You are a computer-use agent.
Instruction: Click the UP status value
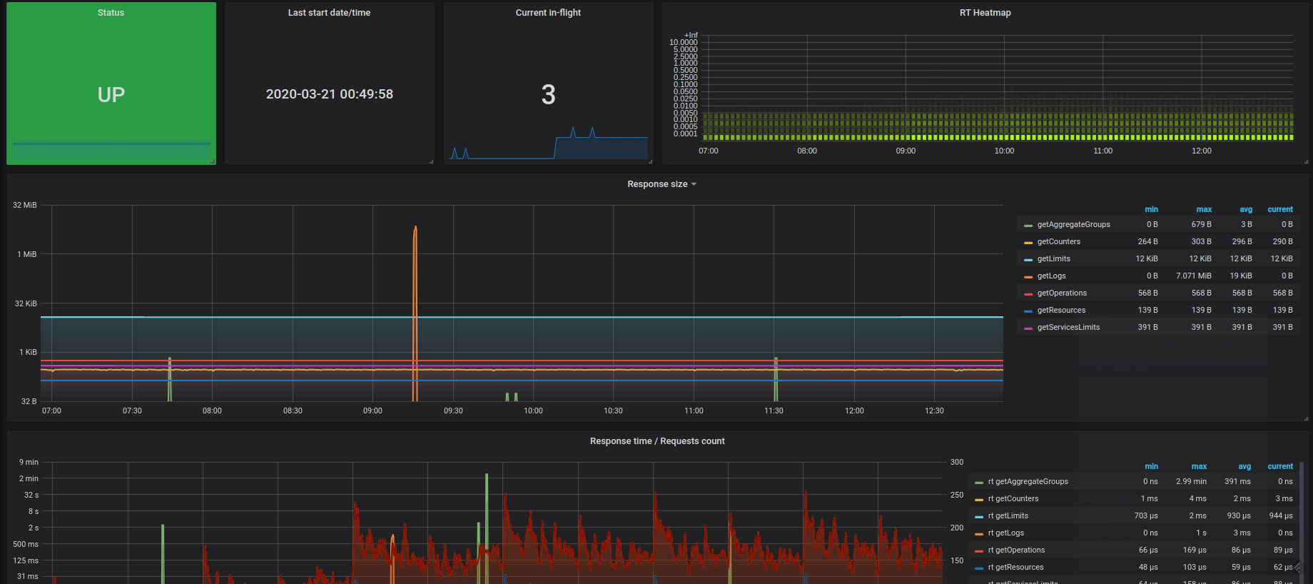111,95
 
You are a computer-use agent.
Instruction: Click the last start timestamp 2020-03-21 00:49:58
329,94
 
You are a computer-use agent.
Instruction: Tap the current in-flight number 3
548,95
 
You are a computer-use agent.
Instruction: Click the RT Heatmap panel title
985,13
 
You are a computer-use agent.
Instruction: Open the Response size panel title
658,184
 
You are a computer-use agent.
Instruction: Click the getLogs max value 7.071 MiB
1193,276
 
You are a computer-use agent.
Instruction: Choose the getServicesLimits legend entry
1068,328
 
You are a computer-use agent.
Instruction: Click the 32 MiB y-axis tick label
25,206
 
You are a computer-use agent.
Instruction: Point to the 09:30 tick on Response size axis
453,411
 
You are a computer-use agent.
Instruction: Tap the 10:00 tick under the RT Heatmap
1004,151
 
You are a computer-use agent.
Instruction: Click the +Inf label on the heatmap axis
691,35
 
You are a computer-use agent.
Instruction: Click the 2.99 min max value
1191,482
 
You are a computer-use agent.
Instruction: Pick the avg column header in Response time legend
1244,467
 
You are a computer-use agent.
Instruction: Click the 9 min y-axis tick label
29,463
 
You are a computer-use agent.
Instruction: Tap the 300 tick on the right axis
957,463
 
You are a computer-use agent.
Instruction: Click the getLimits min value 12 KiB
1147,259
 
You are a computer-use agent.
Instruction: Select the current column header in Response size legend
1280,210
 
